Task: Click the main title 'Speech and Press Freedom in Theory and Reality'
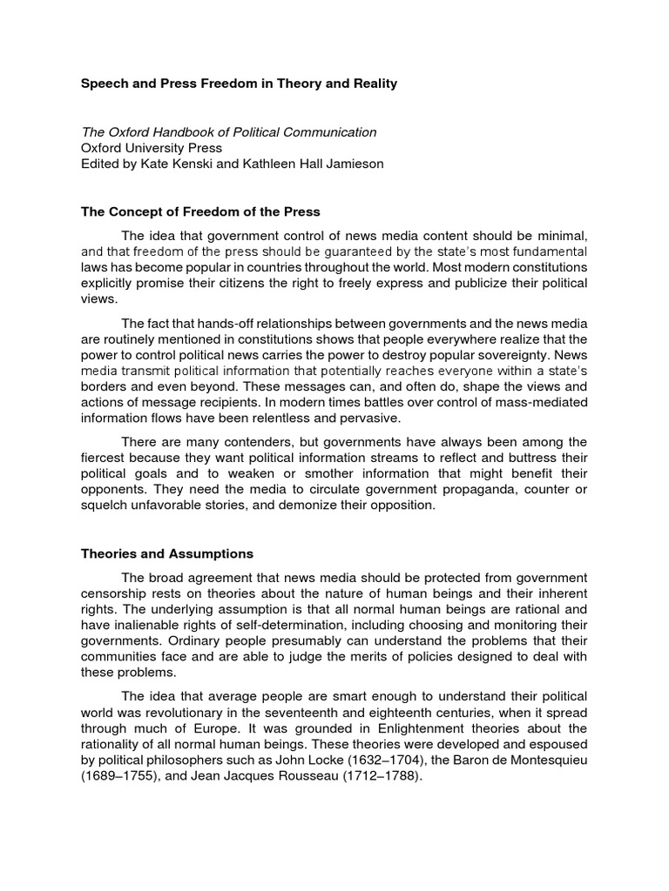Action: point(239,84)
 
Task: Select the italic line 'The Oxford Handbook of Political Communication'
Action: point(229,132)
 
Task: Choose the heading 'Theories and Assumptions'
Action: point(167,553)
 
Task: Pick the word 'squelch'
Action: point(104,505)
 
